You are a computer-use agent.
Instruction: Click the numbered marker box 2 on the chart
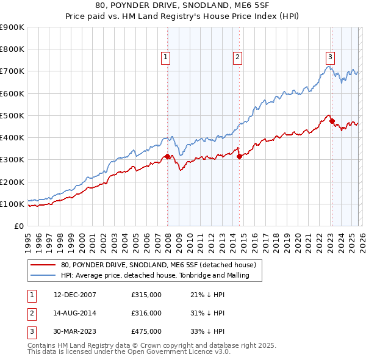237,57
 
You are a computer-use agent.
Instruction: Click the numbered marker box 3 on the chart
330,57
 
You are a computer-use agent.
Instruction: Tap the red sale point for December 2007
167,157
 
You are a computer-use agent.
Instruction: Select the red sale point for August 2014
239,156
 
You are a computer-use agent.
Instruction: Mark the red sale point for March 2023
332,121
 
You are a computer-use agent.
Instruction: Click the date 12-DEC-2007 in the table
75,295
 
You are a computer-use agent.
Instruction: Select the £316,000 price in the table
146,313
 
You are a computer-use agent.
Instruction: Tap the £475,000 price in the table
146,331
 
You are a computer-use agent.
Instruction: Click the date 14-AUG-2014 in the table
75,313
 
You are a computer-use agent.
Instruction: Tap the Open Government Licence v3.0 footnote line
129,351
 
